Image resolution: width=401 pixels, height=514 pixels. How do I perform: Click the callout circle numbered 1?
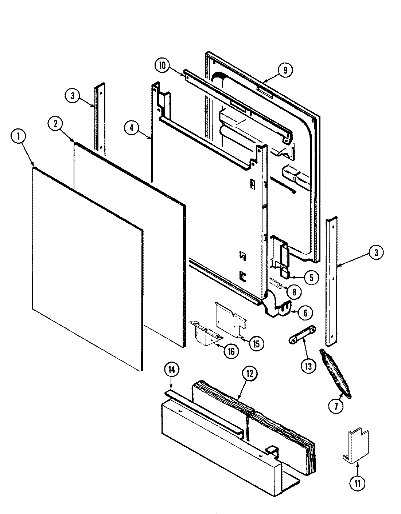coord(19,137)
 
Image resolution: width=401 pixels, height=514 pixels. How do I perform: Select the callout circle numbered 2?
coord(55,124)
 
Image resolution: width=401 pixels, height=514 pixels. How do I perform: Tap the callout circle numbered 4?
coord(132,128)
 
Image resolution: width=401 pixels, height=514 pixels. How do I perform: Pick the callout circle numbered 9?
coord(285,70)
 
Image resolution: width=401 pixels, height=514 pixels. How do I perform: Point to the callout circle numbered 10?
coord(162,66)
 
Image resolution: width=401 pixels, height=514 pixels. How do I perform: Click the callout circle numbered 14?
coord(172,370)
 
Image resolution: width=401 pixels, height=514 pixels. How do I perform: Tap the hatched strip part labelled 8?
coord(278,282)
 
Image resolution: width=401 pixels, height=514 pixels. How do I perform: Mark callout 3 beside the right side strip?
coord(376,253)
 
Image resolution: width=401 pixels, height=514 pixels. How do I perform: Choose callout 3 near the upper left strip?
coord(73,96)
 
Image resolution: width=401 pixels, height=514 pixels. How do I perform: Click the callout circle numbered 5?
coord(311,278)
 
